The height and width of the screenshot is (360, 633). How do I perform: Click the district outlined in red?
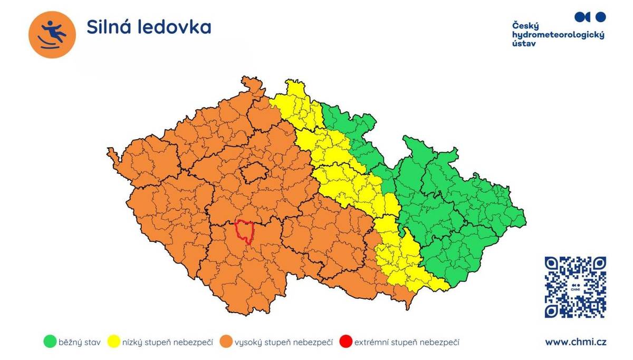click(244, 231)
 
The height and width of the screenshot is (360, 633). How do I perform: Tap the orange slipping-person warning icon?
click(52, 34)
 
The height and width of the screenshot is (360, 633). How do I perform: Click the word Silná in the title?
click(109, 27)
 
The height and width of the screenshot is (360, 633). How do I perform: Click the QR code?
click(575, 287)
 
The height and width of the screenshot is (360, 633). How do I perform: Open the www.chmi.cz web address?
click(576, 342)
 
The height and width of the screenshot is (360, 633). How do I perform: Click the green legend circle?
click(50, 342)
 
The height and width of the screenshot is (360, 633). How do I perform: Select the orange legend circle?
click(226, 342)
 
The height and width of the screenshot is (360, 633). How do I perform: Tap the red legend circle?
click(346, 342)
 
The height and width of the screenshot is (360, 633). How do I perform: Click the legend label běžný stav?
click(79, 343)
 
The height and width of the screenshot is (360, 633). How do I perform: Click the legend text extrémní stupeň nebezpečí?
click(407, 343)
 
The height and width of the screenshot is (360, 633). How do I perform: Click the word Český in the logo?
click(525, 25)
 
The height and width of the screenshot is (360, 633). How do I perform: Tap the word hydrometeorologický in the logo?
click(558, 35)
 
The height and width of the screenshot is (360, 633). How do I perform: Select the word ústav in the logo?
click(524, 44)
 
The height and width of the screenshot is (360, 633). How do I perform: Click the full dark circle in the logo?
click(600, 17)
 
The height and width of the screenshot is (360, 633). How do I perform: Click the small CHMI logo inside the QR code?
click(575, 288)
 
